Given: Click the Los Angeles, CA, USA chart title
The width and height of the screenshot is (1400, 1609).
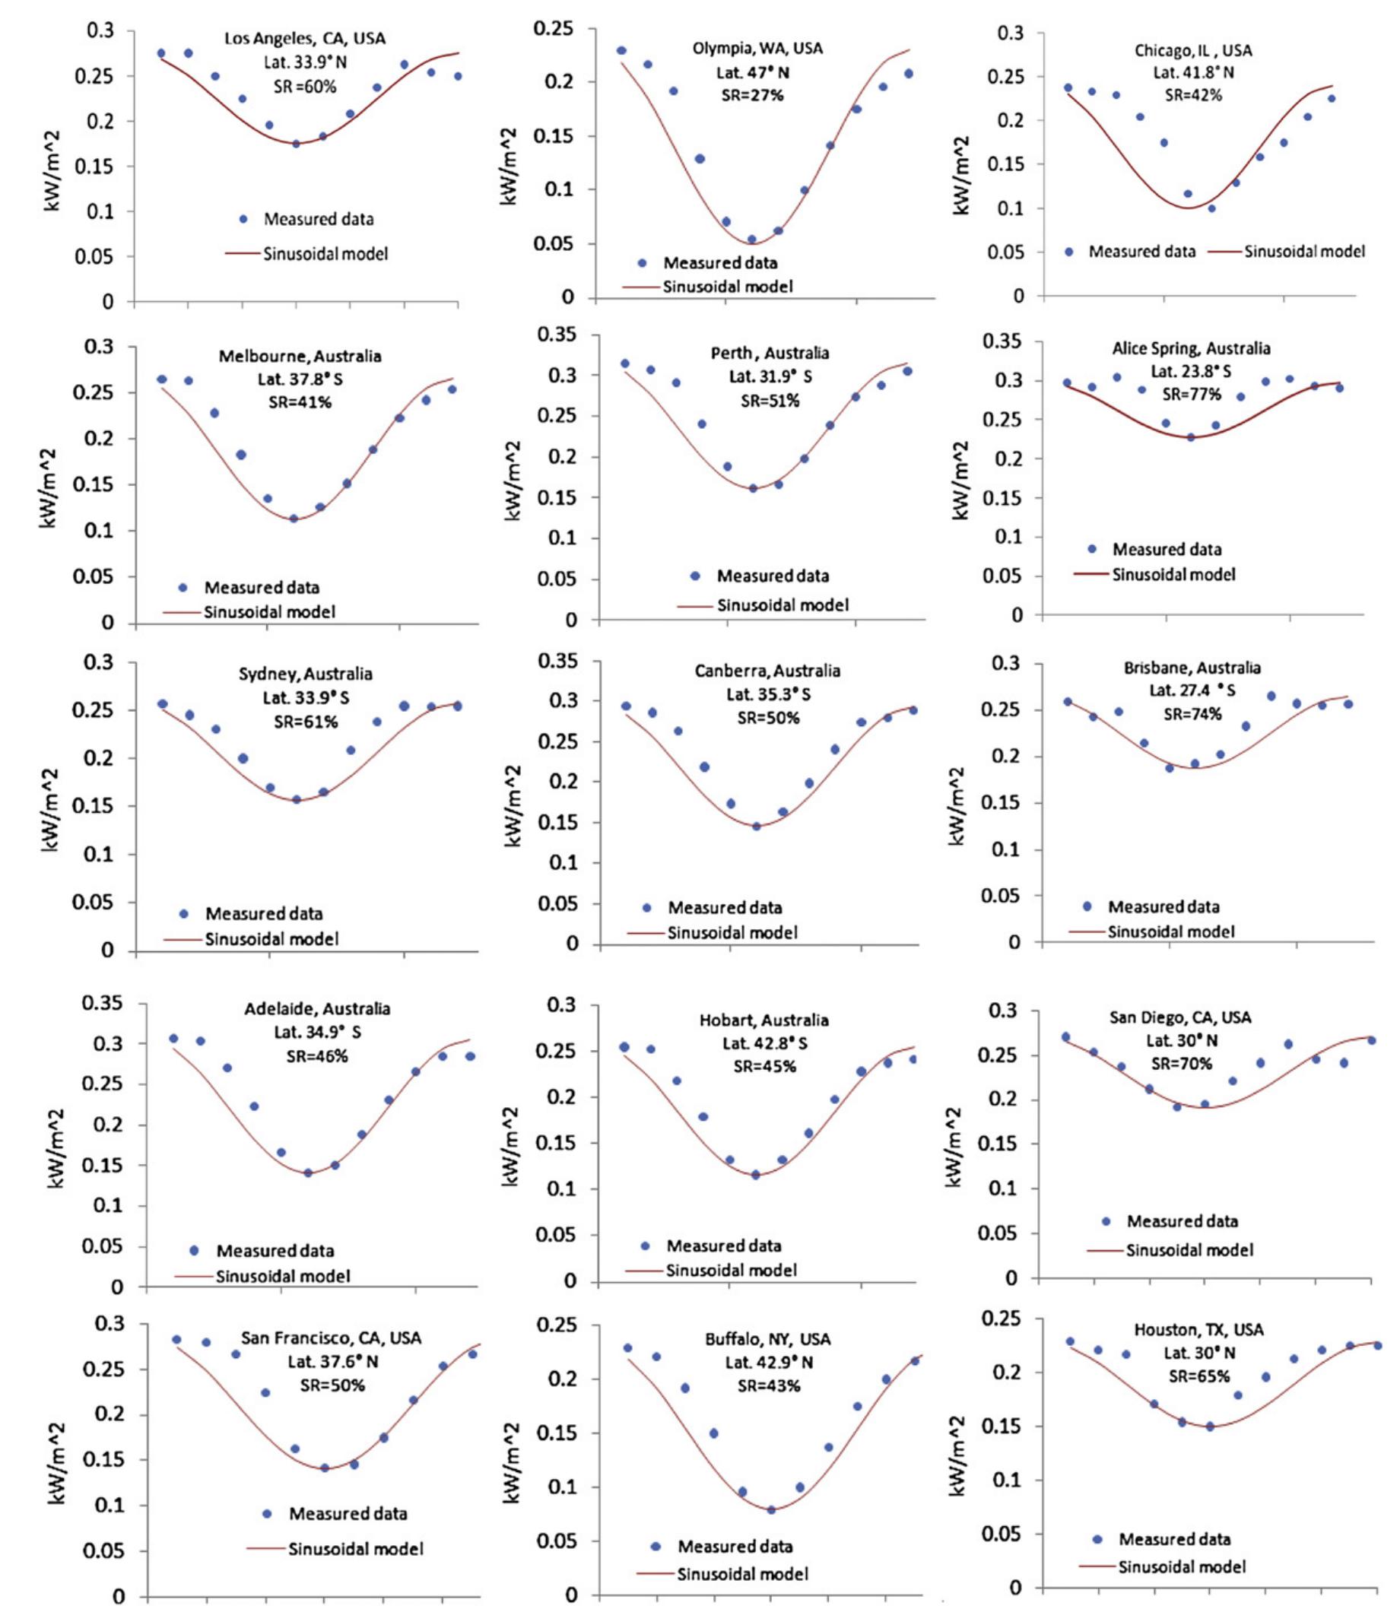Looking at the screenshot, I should coord(305,38).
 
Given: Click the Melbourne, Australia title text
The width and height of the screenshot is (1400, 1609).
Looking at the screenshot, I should coord(300,356).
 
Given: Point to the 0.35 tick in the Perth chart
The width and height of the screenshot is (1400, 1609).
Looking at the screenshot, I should coord(562,336).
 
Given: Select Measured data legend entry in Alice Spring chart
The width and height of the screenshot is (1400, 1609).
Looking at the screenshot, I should coord(1167,549).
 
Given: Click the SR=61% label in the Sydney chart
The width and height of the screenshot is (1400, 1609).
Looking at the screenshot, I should coord(306,722).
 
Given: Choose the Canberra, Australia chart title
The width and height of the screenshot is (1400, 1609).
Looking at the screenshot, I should coord(767,671).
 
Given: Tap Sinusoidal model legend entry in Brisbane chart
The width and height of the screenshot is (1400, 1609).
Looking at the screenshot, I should coord(1170,931).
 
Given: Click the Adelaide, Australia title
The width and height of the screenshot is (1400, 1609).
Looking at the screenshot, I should coord(317,1008).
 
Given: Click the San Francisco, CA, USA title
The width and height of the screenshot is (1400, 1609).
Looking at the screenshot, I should coord(331,1338).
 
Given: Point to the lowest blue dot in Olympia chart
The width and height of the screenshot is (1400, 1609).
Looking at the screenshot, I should coord(751,240).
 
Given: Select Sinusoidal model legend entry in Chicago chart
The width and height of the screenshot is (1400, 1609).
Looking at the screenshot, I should coord(1304,252).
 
